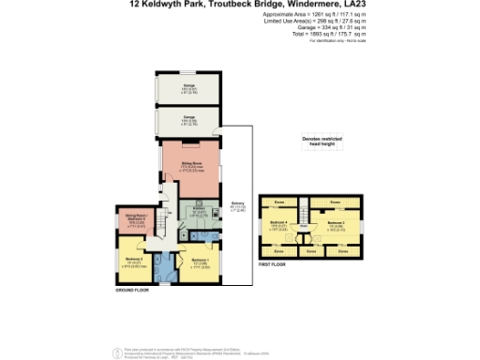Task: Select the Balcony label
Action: [x=238, y=207]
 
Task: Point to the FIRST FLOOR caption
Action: [x=273, y=266]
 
